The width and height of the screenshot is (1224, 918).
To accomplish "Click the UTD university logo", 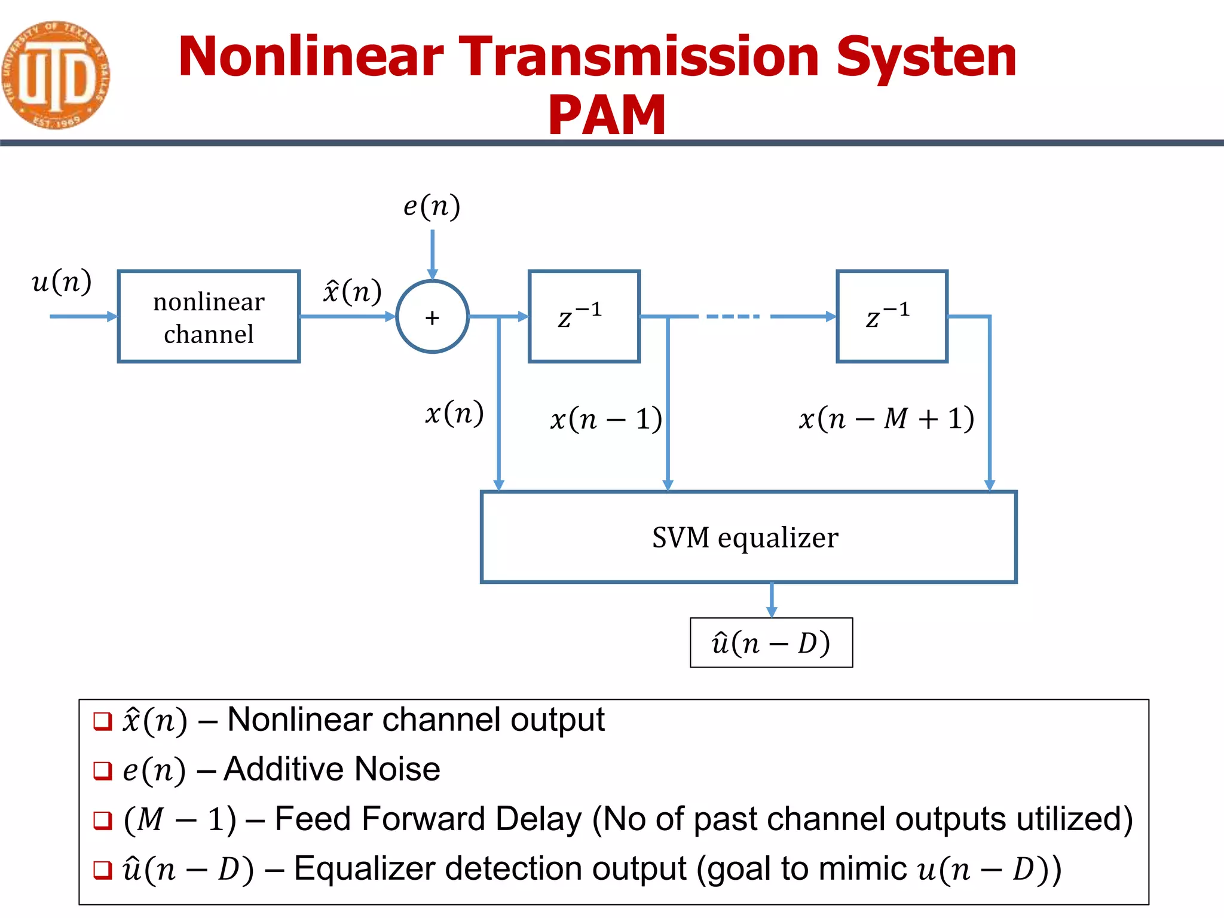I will (x=55, y=75).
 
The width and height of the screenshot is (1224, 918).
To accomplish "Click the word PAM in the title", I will (x=606, y=115).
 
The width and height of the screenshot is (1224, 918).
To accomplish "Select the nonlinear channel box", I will (x=209, y=316).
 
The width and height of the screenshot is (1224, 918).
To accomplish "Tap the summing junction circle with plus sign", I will (x=432, y=317).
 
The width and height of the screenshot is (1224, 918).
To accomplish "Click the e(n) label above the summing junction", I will (x=432, y=207).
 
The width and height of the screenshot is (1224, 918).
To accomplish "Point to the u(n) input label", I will (x=62, y=281).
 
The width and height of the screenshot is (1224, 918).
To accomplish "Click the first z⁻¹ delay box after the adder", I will (x=584, y=316).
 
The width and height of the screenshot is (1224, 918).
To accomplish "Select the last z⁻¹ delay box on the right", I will (x=892, y=316).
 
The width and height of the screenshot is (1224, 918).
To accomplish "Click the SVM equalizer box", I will (x=748, y=537).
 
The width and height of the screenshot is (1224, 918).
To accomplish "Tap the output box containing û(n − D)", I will (x=771, y=643).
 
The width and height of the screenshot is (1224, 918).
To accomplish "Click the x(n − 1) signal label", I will (x=605, y=418).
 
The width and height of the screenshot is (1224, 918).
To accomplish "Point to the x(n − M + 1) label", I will (x=886, y=418).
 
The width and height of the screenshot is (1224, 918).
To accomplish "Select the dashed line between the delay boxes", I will (x=733, y=316).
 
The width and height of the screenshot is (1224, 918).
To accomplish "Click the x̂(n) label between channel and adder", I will (x=352, y=292).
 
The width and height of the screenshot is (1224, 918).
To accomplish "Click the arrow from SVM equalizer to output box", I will (x=772, y=599).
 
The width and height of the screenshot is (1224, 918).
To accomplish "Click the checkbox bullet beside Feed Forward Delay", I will (x=103, y=820).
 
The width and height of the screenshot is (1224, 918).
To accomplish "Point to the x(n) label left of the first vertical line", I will (x=454, y=414).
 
